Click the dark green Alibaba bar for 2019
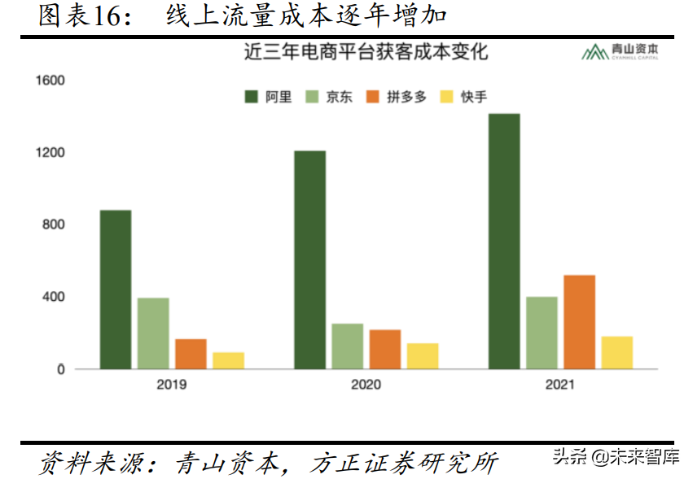click(x=116, y=290)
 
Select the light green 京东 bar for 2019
click(x=153, y=333)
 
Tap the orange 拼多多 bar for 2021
click(x=579, y=322)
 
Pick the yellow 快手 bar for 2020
click(x=423, y=356)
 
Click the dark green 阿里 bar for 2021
click(x=504, y=242)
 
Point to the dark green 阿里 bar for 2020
click(x=310, y=259)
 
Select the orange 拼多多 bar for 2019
click(x=191, y=354)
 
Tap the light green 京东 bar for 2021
click(x=542, y=333)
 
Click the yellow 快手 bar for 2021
click(x=616, y=353)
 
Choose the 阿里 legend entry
click(x=268, y=97)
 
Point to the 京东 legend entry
click(x=329, y=97)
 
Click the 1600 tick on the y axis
click(x=50, y=81)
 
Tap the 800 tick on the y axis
click(x=55, y=225)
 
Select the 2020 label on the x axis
click(x=366, y=384)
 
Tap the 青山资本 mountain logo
click(x=592, y=53)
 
